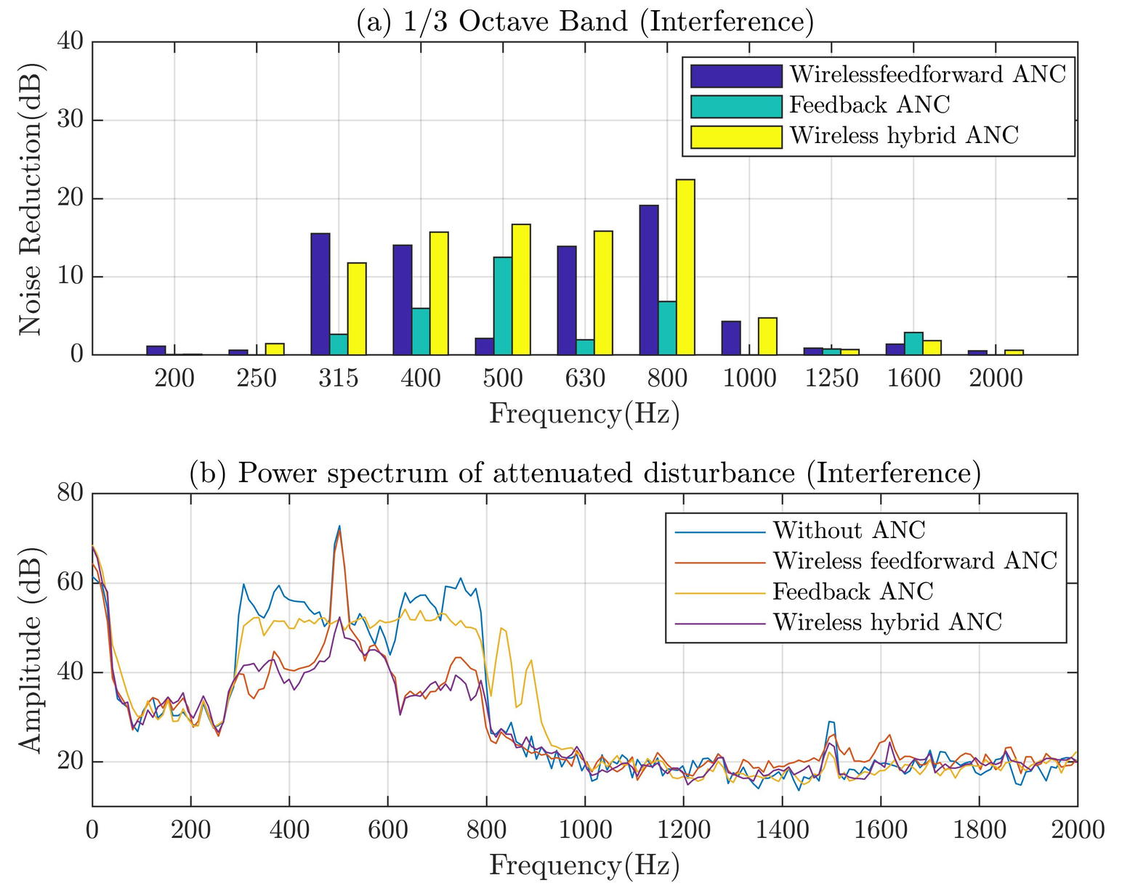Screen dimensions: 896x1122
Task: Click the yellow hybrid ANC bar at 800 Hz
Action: pyautogui.click(x=685, y=267)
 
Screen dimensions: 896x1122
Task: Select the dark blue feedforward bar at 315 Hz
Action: pyautogui.click(x=320, y=294)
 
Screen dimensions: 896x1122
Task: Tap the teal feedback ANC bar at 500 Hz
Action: pyautogui.click(x=503, y=306)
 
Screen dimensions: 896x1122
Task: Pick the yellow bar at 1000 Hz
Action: pyautogui.click(x=767, y=336)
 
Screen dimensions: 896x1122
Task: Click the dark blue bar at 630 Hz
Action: pyautogui.click(x=567, y=301)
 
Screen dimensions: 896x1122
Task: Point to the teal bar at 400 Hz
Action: pyautogui.click(x=421, y=331)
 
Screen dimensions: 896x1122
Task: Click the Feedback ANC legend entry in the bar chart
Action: pyautogui.click(x=869, y=105)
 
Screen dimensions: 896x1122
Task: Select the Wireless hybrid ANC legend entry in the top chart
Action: pyautogui.click(x=903, y=136)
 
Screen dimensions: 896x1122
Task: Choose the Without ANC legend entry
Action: pyautogui.click(x=849, y=531)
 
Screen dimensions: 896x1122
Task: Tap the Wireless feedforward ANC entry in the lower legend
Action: pyautogui.click(x=914, y=561)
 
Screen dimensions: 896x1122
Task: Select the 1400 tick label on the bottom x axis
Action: pyautogui.click(x=782, y=830)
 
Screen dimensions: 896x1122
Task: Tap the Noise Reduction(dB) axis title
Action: pyautogui.click(x=31, y=198)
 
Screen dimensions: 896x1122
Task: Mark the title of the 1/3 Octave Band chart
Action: pyautogui.click(x=585, y=22)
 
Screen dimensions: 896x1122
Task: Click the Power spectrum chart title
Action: pyautogui.click(x=585, y=473)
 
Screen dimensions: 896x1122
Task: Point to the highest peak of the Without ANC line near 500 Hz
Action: pyautogui.click(x=339, y=526)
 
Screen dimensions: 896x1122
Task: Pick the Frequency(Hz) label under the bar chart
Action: pyautogui.click(x=585, y=414)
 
